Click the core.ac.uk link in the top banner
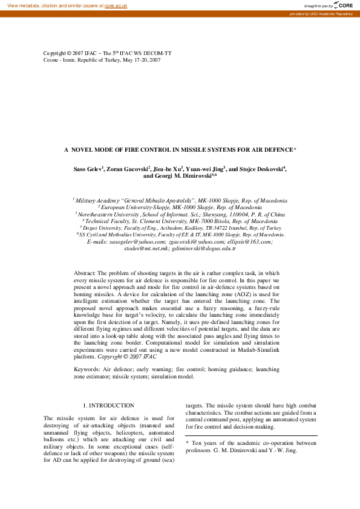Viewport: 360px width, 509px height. tap(116, 5)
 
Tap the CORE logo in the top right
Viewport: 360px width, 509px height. tap(343, 5)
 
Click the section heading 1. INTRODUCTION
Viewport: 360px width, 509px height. tap(108, 406)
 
